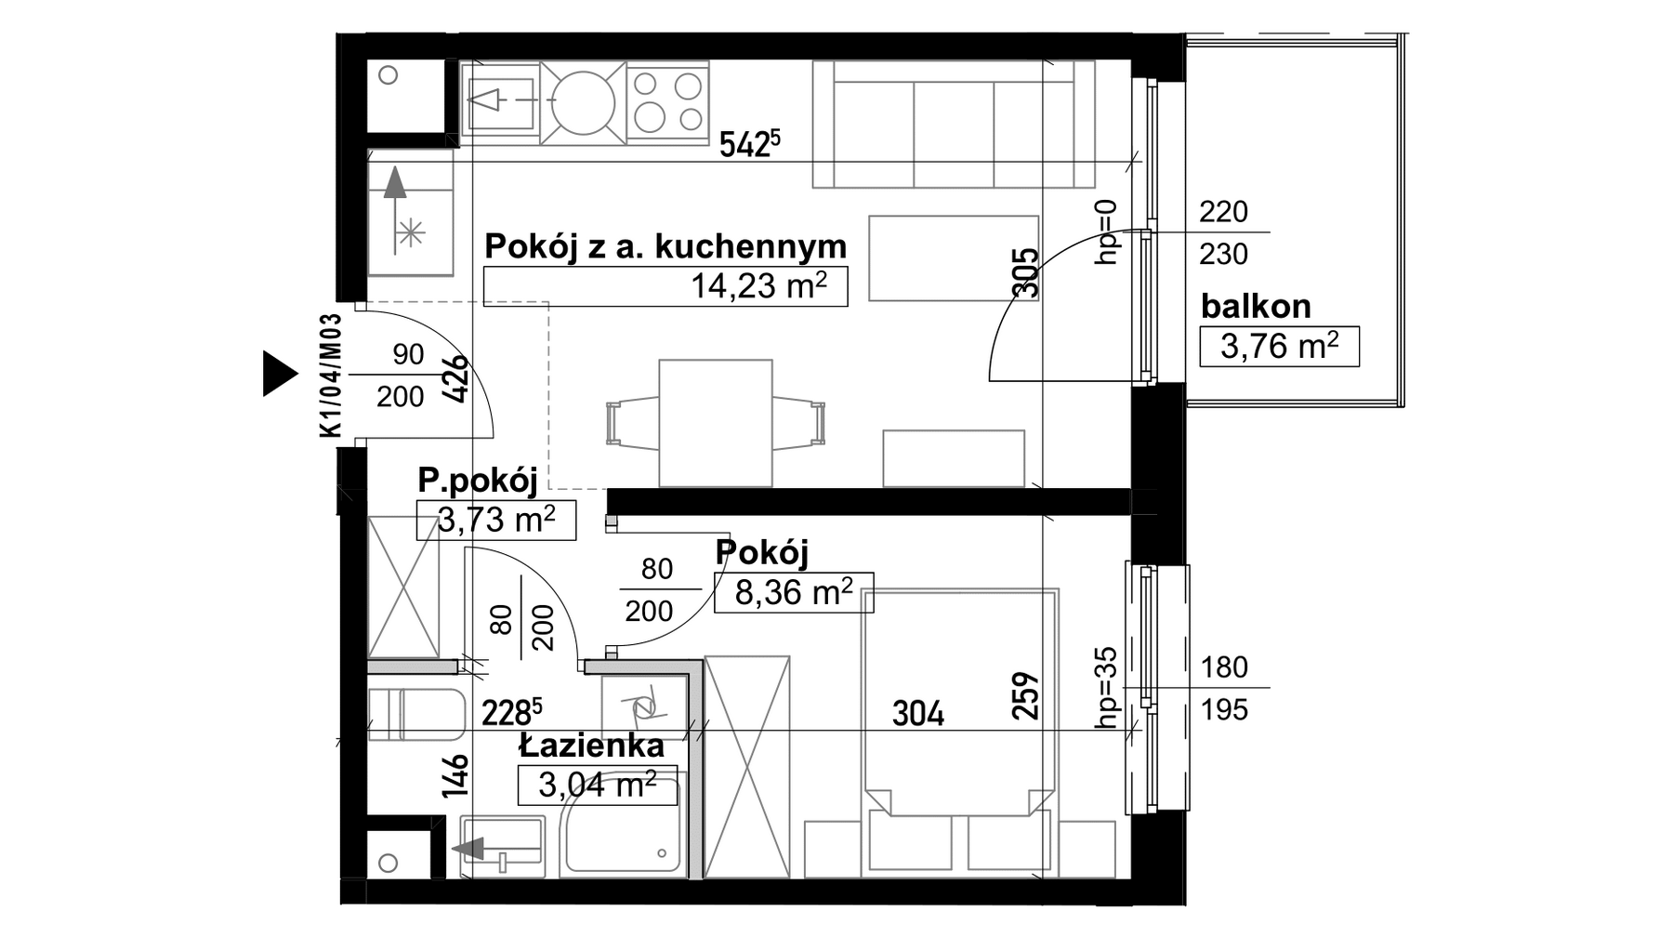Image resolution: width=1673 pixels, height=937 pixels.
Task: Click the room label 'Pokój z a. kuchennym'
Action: pyautogui.click(x=665, y=247)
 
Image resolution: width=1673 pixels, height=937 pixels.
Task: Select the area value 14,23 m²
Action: pyautogui.click(x=758, y=285)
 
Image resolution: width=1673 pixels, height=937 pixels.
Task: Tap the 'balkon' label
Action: pyautogui.click(x=1256, y=306)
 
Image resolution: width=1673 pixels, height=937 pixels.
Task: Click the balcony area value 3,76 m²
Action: pyautogui.click(x=1280, y=346)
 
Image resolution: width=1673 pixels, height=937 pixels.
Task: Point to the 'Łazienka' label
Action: pyautogui.click(x=592, y=746)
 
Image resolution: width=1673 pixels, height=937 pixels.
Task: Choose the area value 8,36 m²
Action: pyautogui.click(x=794, y=592)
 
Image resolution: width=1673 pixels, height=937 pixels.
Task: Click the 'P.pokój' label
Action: pyautogui.click(x=478, y=481)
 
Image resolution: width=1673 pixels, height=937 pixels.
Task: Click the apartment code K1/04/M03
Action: pyautogui.click(x=331, y=375)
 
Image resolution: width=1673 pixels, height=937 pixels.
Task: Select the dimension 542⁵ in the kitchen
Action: pyautogui.click(x=751, y=144)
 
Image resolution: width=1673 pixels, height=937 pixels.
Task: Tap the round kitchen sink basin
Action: pyautogui.click(x=584, y=102)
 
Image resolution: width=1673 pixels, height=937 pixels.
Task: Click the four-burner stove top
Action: pyautogui.click(x=667, y=102)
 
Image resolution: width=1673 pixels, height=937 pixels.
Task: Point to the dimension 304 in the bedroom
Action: pyautogui.click(x=918, y=714)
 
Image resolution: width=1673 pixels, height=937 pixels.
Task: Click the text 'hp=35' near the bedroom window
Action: pyautogui.click(x=1106, y=687)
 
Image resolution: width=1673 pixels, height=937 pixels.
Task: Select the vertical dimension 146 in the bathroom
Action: pyautogui.click(x=455, y=775)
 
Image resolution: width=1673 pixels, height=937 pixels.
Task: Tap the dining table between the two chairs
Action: pyautogui.click(x=716, y=424)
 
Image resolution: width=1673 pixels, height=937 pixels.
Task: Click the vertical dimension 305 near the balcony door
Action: pyautogui.click(x=1024, y=272)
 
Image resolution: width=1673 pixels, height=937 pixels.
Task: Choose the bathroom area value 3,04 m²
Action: pyautogui.click(x=598, y=785)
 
